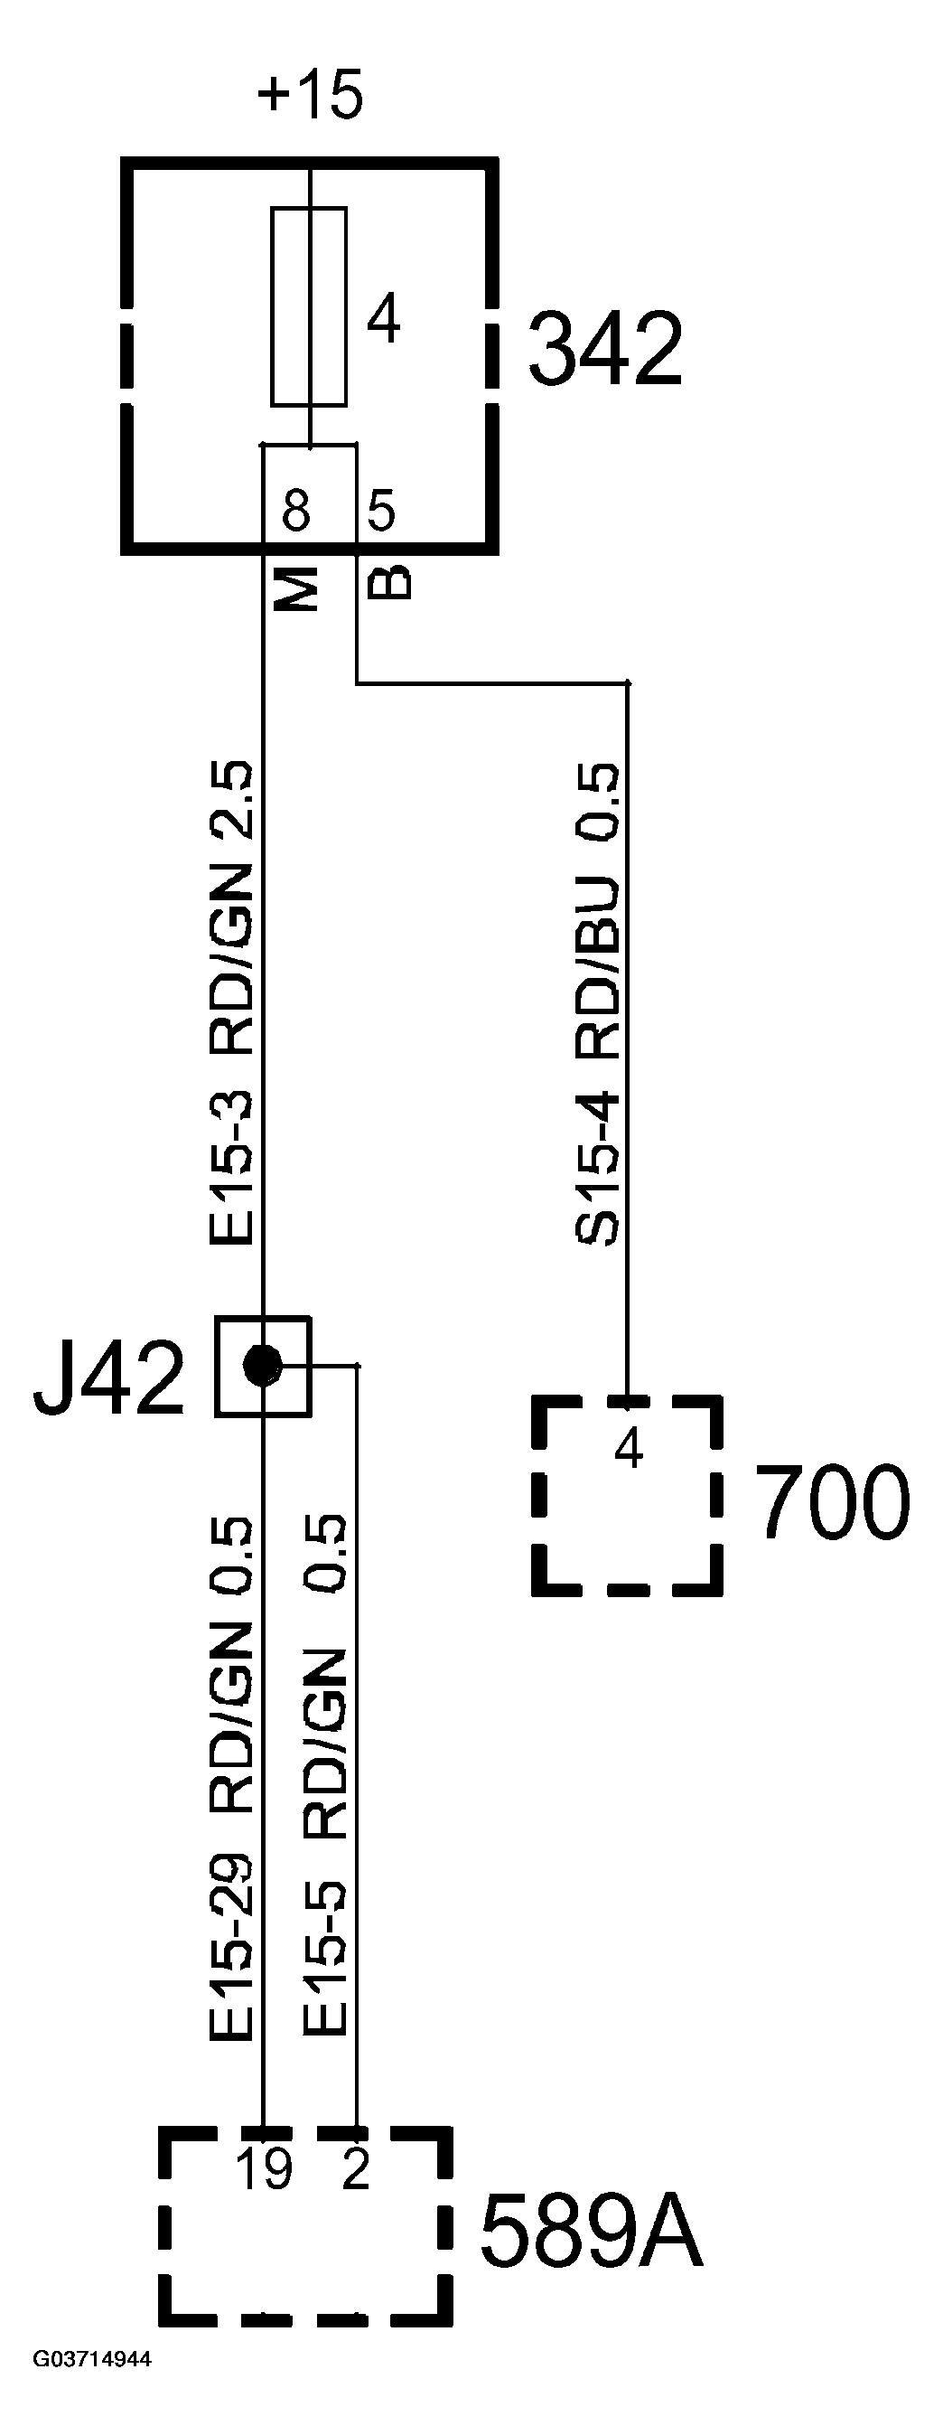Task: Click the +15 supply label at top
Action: (x=310, y=96)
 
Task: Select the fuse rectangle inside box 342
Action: (x=308, y=306)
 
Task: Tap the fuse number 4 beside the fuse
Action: (x=383, y=321)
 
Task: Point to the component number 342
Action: (x=604, y=349)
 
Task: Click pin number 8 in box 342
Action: (x=295, y=512)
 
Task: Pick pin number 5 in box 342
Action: (x=381, y=512)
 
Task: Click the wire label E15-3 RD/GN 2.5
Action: (x=231, y=1003)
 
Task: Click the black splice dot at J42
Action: (x=262, y=1364)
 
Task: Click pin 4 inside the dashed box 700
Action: (x=629, y=1447)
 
